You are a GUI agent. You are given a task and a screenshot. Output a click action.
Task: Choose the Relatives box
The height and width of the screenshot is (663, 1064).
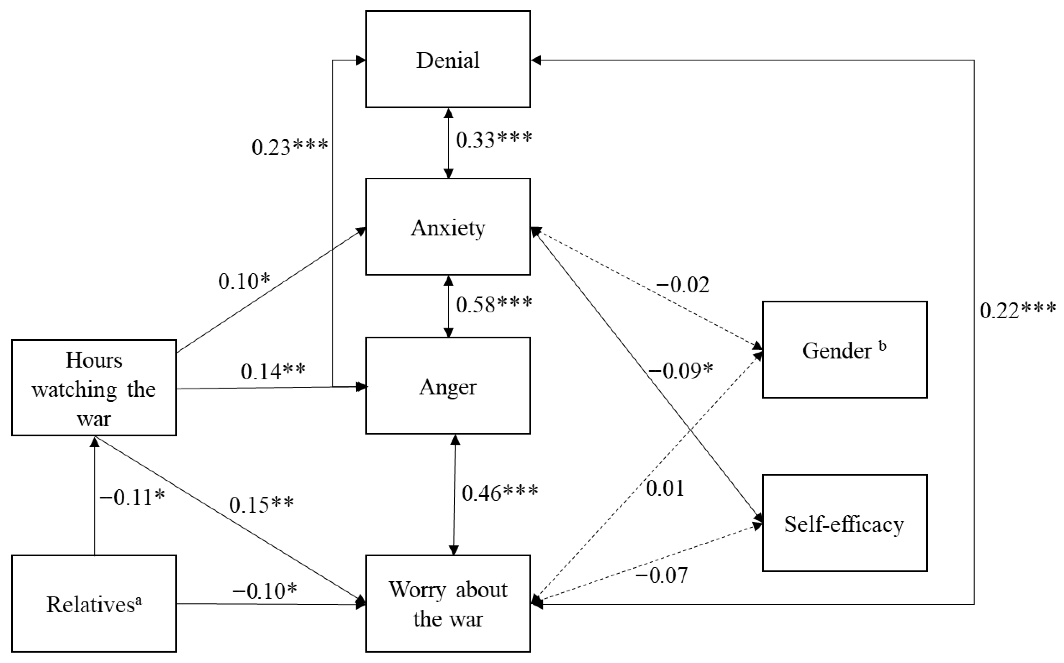coord(94,604)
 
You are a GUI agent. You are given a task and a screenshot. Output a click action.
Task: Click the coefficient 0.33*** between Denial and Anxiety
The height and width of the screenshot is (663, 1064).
coord(494,139)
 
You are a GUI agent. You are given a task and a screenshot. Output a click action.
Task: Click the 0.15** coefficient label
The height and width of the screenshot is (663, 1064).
coord(261,505)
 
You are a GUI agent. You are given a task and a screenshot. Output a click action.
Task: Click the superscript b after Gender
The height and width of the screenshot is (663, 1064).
coord(883,346)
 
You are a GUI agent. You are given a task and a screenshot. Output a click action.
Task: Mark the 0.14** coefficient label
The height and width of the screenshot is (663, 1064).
coord(273,371)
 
